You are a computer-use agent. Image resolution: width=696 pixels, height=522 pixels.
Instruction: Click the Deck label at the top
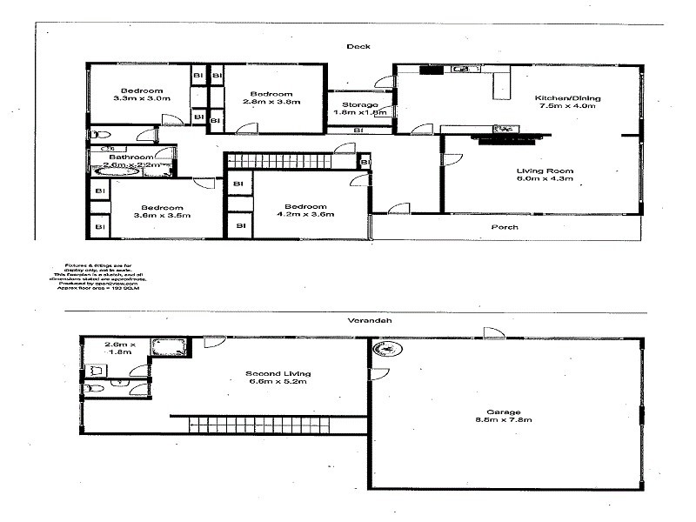(358, 47)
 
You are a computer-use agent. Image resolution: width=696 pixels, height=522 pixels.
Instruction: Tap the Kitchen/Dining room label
(567, 98)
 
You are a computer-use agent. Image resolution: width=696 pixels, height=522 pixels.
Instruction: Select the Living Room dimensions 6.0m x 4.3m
(545, 180)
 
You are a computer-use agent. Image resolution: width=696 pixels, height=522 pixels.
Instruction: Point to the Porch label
(505, 227)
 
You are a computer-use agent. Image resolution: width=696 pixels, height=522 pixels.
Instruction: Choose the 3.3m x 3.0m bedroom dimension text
(142, 99)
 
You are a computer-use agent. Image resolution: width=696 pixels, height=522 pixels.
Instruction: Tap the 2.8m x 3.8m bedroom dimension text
(275, 102)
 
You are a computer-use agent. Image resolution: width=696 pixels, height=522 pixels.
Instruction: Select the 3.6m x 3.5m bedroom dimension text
(163, 216)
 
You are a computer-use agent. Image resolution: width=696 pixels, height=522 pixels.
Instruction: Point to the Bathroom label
(130, 157)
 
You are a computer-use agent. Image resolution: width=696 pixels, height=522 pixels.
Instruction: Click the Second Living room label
(278, 375)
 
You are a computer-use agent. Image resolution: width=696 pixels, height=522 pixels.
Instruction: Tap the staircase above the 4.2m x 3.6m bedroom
(281, 161)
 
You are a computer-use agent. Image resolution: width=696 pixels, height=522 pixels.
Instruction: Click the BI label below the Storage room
(358, 130)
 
